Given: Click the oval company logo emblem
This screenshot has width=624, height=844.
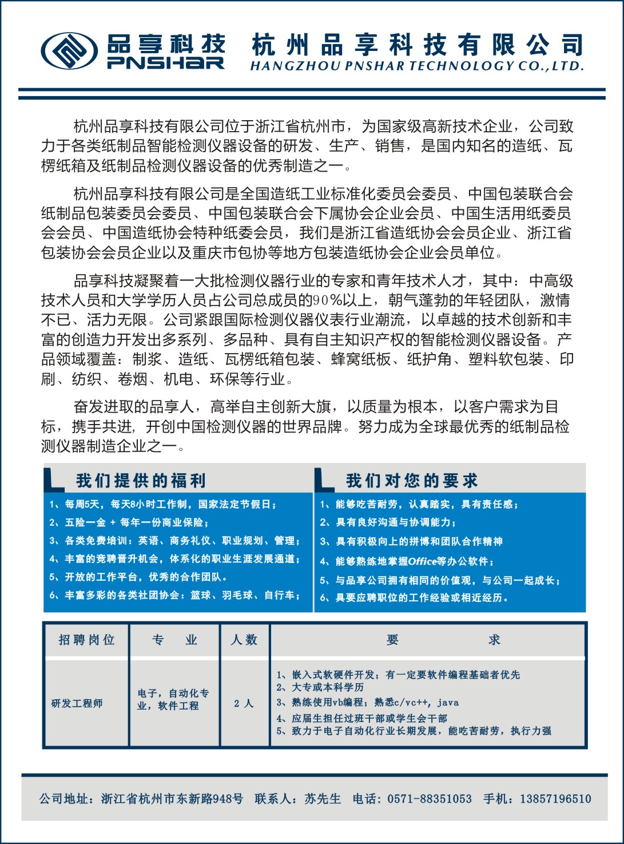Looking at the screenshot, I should (68, 51).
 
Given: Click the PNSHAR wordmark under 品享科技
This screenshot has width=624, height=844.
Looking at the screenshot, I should (166, 63).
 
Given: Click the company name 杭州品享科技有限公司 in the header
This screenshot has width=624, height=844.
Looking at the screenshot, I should (418, 45).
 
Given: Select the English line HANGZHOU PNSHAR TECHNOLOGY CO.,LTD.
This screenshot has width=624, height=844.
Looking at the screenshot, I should (417, 66).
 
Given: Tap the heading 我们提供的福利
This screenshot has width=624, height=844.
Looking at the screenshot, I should (141, 481).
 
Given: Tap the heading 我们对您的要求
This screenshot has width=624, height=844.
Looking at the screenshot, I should (411, 481).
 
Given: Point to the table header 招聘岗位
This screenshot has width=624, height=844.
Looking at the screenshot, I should (87, 640).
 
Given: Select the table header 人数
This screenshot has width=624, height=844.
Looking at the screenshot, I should (244, 640).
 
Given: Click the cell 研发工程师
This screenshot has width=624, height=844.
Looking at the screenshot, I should (77, 703).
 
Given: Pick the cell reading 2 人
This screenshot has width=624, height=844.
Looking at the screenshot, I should (244, 703).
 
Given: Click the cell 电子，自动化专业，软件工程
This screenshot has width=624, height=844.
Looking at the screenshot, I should (173, 699).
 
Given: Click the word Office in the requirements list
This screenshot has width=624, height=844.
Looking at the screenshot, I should (422, 561).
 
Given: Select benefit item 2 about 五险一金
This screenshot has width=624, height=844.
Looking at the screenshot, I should (129, 522).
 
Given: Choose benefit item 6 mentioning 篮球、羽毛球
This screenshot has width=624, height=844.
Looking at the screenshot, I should (174, 596).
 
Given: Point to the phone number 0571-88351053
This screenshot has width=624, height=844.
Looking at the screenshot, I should (429, 799).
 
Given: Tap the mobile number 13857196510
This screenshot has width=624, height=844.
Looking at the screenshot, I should (555, 799).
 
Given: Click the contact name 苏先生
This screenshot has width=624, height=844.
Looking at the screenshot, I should (323, 799).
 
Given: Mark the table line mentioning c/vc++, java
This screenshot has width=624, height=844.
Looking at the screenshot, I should (367, 703).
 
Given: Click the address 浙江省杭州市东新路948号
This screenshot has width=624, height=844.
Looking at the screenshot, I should (172, 799).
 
